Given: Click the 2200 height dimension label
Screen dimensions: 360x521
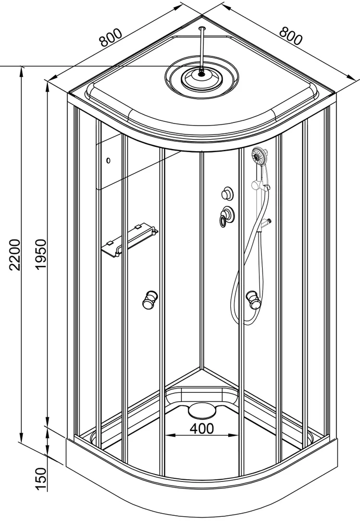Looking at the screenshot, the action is [x=16, y=255].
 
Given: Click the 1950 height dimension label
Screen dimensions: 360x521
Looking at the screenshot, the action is [x=40, y=255].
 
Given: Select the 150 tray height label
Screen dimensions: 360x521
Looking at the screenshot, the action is [x=41, y=479].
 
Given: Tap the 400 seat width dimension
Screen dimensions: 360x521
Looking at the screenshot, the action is [x=202, y=428].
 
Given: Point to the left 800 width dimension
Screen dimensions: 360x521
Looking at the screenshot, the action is [x=111, y=38].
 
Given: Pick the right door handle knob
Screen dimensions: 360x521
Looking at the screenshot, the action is [x=253, y=300].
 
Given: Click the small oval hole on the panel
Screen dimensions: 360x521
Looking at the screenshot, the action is [x=108, y=161].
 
